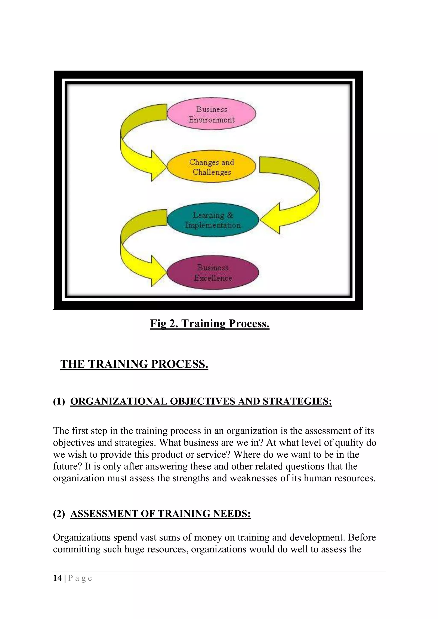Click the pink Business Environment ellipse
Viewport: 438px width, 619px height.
click(x=212, y=114)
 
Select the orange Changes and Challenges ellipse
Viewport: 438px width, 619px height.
click(x=212, y=167)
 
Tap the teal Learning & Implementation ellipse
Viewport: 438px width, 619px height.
click(x=213, y=220)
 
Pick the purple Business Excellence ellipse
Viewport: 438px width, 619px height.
click(x=213, y=273)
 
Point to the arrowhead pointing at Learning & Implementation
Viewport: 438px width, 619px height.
click(x=271, y=219)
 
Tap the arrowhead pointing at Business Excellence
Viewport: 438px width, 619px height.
click(x=158, y=271)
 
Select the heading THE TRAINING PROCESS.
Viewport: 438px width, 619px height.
click(x=134, y=364)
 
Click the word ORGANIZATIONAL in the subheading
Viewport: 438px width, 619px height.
click(x=119, y=401)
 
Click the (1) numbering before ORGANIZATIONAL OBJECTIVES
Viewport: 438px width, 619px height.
click(x=59, y=401)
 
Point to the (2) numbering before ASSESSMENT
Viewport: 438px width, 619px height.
click(x=59, y=514)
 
